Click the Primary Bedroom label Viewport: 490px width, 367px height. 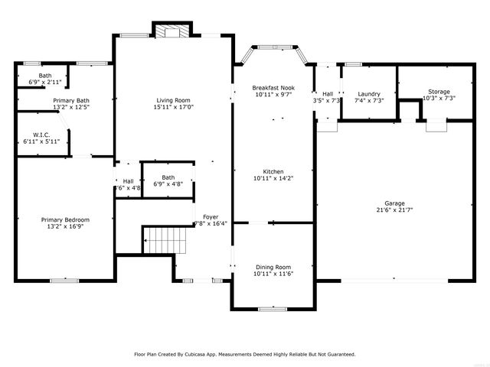coord(65,219)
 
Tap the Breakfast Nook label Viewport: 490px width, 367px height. coord(273,88)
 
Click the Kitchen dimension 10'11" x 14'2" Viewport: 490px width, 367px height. coord(273,178)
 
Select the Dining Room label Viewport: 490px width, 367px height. coord(273,267)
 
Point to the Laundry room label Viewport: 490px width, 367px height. coord(368,94)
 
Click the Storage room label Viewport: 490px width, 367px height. coord(439,92)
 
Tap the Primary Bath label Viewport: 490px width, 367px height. coord(71,100)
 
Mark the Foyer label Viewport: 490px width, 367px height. coord(210,216)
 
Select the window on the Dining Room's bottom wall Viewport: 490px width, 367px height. coord(273,308)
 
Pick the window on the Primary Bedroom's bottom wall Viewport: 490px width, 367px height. coord(64,281)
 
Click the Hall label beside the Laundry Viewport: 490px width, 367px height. coord(327,94)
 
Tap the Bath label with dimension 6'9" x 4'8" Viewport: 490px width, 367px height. coord(168,177)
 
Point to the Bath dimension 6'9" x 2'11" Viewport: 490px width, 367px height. coord(45,82)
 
